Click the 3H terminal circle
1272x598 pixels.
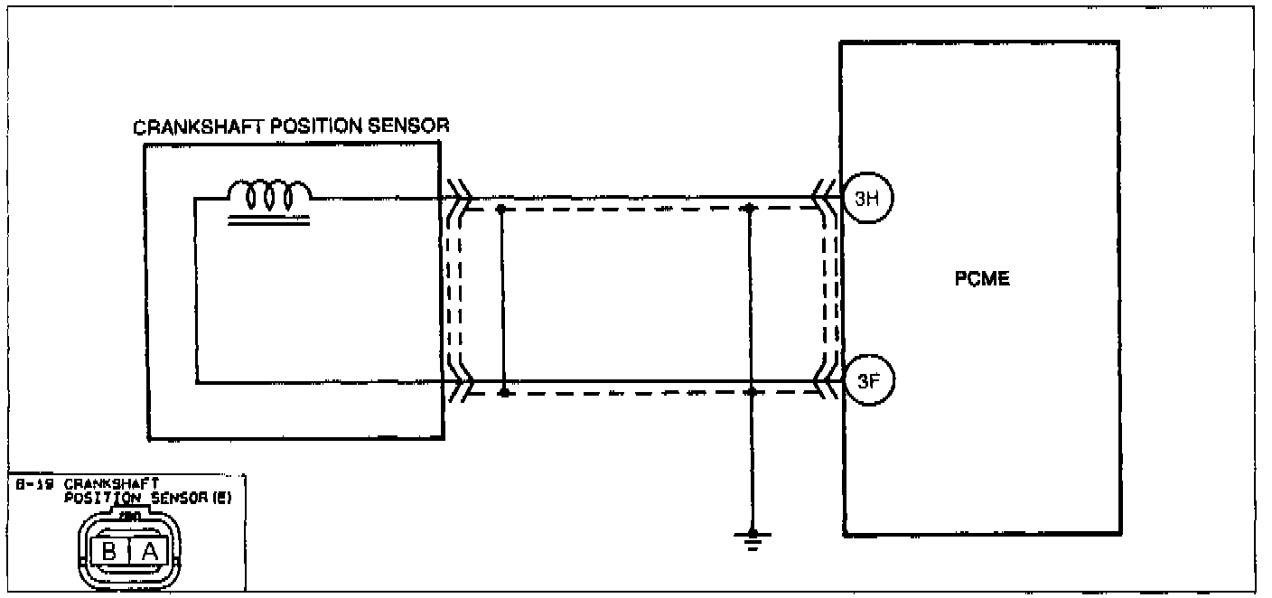coord(867,201)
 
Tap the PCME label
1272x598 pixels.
coord(982,279)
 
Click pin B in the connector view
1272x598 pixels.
coord(108,550)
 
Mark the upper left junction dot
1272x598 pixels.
coord(502,209)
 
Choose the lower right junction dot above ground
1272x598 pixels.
coord(751,394)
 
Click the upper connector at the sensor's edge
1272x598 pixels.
coord(458,198)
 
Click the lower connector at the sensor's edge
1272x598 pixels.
coord(458,384)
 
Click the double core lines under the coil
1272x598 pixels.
coord(268,219)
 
